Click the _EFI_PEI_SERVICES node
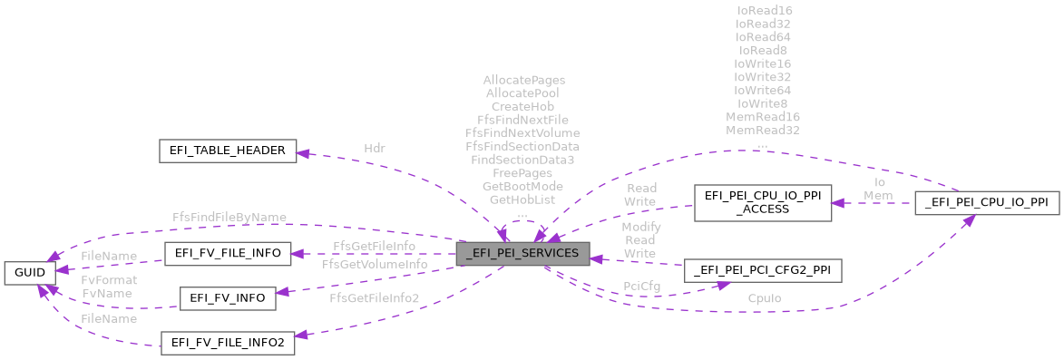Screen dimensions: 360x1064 [522, 253]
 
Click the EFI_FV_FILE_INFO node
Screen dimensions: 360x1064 [227, 253]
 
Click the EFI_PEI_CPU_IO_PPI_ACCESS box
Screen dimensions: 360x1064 [762, 203]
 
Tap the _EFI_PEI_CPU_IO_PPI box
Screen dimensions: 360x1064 [988, 203]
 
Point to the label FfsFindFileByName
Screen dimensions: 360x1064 [229, 217]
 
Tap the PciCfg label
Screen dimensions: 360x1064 [640, 286]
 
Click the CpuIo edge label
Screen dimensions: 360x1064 [766, 297]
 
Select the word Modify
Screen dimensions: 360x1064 [640, 226]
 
